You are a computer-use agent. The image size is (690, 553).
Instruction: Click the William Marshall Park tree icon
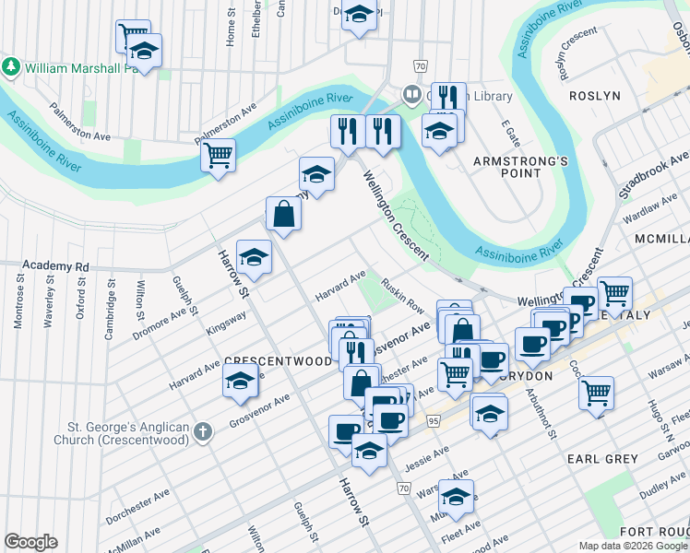pyautogui.click(x=12, y=67)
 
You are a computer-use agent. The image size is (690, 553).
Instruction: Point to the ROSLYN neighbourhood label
pyautogui.click(x=594, y=96)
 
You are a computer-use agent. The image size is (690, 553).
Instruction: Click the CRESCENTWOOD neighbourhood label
pyautogui.click(x=278, y=362)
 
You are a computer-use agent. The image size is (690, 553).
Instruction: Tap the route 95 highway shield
pyautogui.click(x=433, y=421)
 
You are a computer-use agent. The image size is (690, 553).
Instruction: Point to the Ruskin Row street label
pyautogui.click(x=402, y=295)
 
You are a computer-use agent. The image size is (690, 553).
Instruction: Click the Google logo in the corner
pyautogui.click(x=30, y=542)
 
